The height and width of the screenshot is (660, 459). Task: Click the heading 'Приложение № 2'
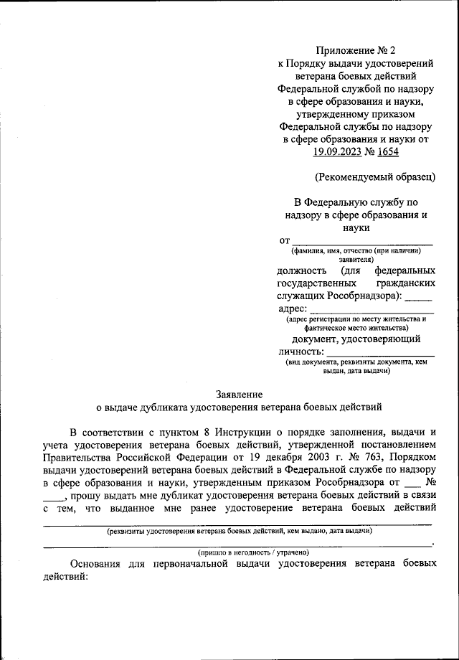(356, 49)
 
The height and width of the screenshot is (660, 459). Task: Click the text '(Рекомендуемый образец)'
(375, 176)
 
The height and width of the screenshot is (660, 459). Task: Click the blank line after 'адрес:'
(372, 309)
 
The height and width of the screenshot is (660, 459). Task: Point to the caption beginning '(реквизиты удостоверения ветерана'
(239, 531)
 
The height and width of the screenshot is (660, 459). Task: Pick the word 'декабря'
(290, 457)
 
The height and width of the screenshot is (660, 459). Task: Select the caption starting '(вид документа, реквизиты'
(356, 367)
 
